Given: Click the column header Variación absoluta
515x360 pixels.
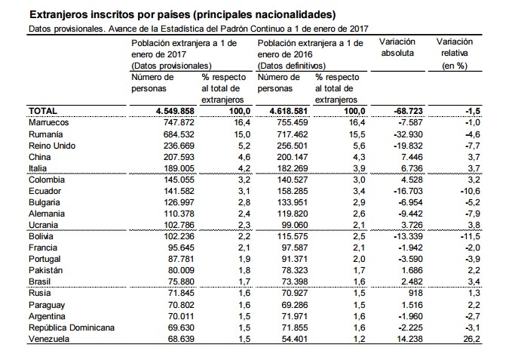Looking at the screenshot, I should click(x=399, y=48).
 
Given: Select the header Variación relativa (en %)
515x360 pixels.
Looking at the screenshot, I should click(x=455, y=54).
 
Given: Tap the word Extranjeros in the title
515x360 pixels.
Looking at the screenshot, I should click(x=56, y=14).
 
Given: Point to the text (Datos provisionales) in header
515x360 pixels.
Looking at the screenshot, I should click(x=170, y=66).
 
